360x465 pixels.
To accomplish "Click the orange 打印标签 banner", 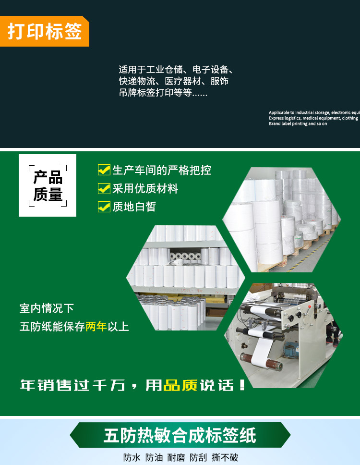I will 45,31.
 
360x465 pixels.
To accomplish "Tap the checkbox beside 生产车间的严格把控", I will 104,170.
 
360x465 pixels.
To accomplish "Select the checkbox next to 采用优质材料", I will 104,188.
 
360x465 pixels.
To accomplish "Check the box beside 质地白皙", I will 104,207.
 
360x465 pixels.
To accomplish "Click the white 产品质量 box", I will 48,185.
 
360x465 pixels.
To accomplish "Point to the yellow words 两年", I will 96,327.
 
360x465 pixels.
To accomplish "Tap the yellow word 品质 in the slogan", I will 180,385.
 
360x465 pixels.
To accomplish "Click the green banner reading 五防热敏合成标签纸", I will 180,435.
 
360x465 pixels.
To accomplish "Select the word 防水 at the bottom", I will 132,457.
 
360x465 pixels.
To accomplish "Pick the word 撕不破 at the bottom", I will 225,457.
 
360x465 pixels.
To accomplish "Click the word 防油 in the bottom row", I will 154,457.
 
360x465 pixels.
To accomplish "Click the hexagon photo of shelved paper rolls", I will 186,278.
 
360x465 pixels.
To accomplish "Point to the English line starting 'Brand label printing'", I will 298,124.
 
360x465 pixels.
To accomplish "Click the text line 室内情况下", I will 47,308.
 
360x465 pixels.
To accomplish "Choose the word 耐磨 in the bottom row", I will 176,457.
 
